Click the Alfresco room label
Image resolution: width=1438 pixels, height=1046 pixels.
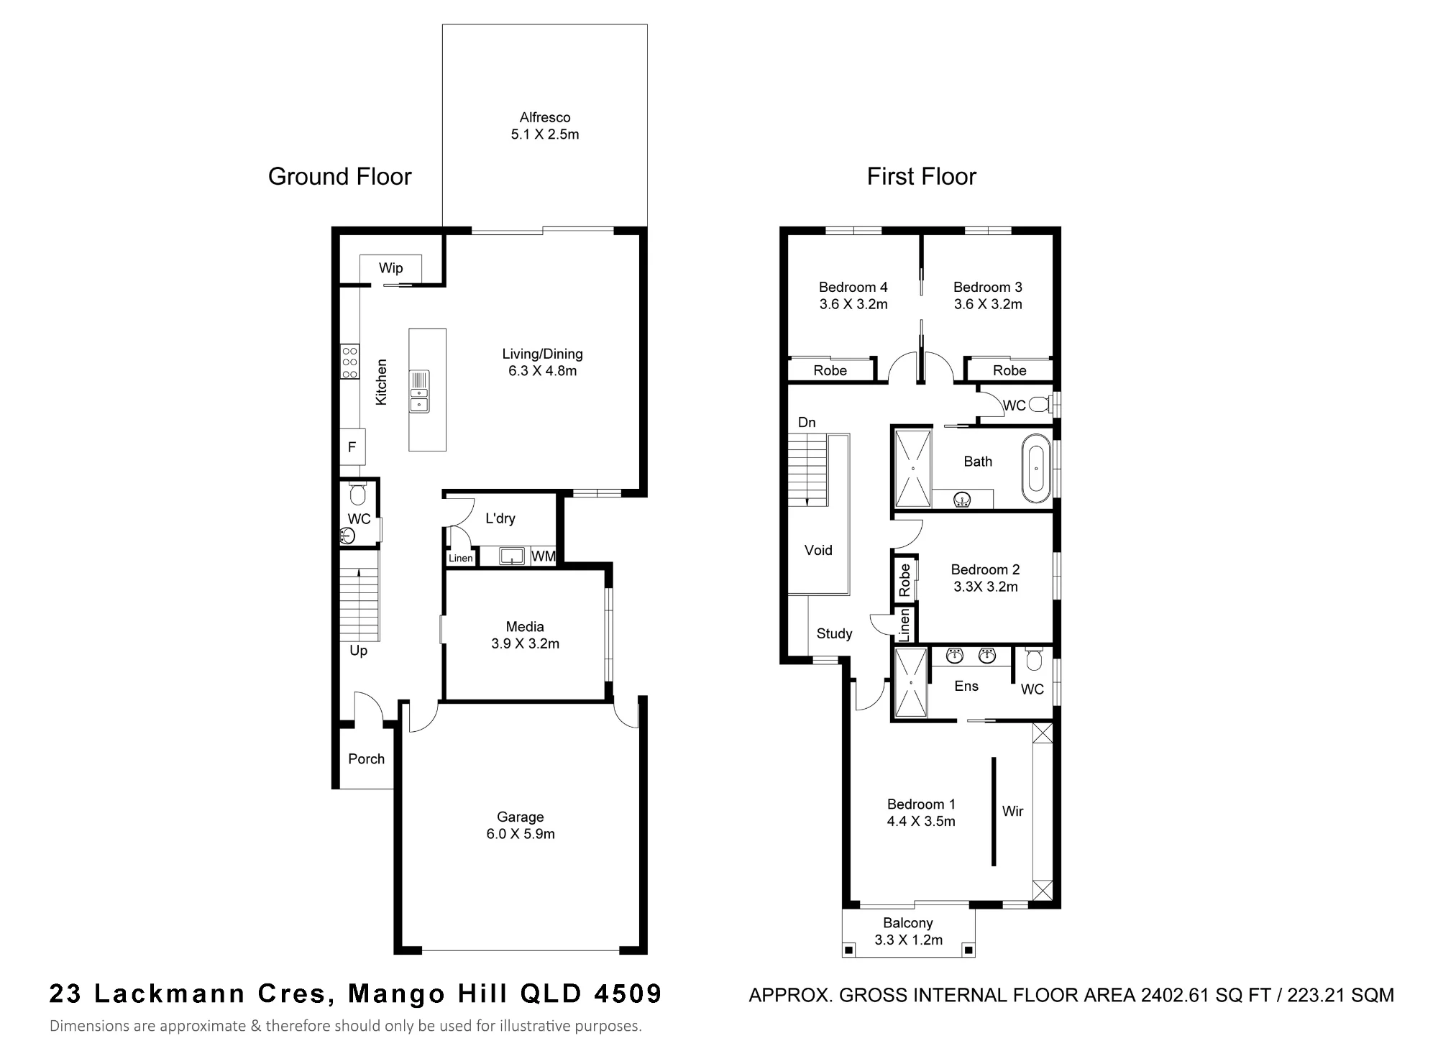pos(545,117)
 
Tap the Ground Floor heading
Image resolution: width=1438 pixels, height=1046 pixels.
pos(339,176)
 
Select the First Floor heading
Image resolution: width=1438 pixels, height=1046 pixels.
pos(921,176)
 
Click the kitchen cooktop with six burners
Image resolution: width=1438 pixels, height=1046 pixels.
pos(349,362)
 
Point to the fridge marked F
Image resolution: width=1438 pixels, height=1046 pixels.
pos(352,447)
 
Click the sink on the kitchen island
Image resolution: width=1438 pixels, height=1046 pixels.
pos(419,391)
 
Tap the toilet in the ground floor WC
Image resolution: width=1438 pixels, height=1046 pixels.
pos(357,493)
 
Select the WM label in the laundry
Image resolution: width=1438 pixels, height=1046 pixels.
pos(544,556)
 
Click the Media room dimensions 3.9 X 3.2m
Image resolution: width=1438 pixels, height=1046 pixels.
pos(525,643)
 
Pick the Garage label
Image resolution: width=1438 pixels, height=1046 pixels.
pos(521,817)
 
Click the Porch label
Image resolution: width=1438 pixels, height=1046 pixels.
pos(366,758)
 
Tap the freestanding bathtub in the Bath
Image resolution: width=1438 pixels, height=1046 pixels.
pos(1035,469)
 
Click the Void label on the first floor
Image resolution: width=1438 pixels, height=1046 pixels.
pos(818,550)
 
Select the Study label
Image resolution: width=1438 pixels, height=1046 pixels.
pos(834,633)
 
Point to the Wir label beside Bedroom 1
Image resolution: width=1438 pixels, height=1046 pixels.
pos(1012,811)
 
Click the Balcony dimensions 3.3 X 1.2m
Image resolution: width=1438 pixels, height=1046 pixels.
pos(908,940)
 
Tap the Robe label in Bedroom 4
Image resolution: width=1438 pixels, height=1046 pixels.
pos(830,370)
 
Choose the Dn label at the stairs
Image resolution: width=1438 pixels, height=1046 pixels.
pos(807,422)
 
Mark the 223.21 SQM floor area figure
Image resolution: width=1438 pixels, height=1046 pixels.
pos(1340,995)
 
